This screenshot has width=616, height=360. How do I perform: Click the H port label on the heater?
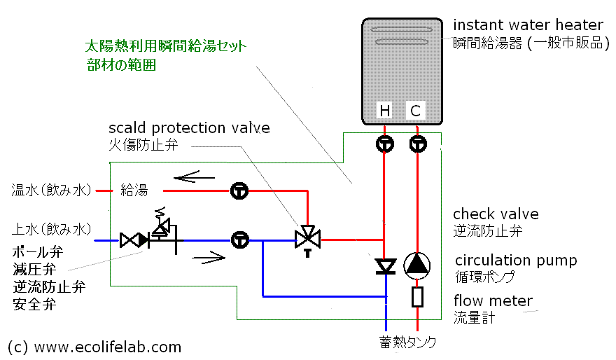(x=384, y=111)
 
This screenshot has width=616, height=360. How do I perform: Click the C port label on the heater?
(x=415, y=111)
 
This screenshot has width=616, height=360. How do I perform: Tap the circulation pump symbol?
(x=416, y=265)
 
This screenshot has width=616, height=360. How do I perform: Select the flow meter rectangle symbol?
(x=417, y=297)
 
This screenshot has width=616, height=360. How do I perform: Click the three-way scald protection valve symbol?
(x=307, y=240)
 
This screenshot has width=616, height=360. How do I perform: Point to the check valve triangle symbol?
(x=386, y=266)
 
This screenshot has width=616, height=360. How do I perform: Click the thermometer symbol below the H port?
(x=384, y=144)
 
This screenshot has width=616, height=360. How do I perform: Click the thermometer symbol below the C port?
(x=418, y=144)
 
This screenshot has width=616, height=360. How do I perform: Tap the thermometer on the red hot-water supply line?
(x=239, y=191)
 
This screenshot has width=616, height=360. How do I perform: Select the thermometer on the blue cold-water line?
(x=239, y=240)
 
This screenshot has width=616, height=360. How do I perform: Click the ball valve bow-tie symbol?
(x=134, y=240)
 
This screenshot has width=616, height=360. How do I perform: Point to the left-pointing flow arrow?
(x=194, y=177)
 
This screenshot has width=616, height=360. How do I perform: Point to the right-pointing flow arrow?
(x=209, y=258)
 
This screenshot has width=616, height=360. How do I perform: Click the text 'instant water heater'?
(x=528, y=25)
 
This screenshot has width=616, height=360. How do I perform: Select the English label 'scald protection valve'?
(x=189, y=128)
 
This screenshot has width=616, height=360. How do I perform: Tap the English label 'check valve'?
(x=496, y=214)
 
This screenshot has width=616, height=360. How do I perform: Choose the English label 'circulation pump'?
(x=516, y=261)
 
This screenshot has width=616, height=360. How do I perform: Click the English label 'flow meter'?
(x=493, y=300)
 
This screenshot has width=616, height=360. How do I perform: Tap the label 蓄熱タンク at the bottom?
(x=407, y=342)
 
